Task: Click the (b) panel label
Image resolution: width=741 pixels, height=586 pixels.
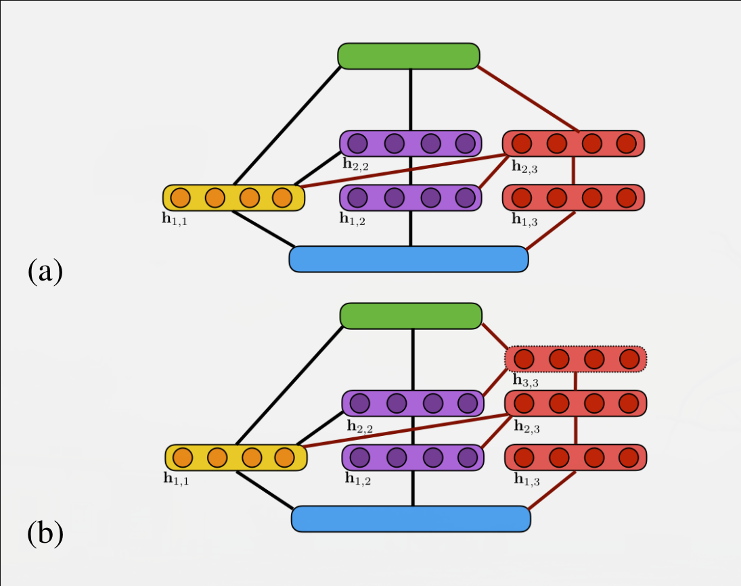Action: point(45,534)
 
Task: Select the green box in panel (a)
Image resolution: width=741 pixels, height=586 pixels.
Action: point(409,56)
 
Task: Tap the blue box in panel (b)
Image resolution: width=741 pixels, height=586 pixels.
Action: point(411,518)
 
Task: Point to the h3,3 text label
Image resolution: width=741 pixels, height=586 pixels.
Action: point(525,381)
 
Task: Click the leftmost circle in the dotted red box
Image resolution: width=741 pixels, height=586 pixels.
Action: point(524,358)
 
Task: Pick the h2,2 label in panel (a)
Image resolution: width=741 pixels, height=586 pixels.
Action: point(355,163)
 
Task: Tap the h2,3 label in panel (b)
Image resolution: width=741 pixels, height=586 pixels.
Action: point(526,426)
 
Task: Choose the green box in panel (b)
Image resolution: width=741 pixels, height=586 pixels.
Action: point(411,316)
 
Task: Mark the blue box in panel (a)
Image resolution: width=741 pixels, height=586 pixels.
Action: point(408,259)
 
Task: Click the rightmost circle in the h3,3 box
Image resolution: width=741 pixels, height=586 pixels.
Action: point(629,358)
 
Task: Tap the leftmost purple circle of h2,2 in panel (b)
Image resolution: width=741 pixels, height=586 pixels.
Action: point(360,403)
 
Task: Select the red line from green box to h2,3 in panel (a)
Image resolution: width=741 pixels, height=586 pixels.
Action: point(528,99)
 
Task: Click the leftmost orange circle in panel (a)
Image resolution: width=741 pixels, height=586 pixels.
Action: point(180,198)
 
